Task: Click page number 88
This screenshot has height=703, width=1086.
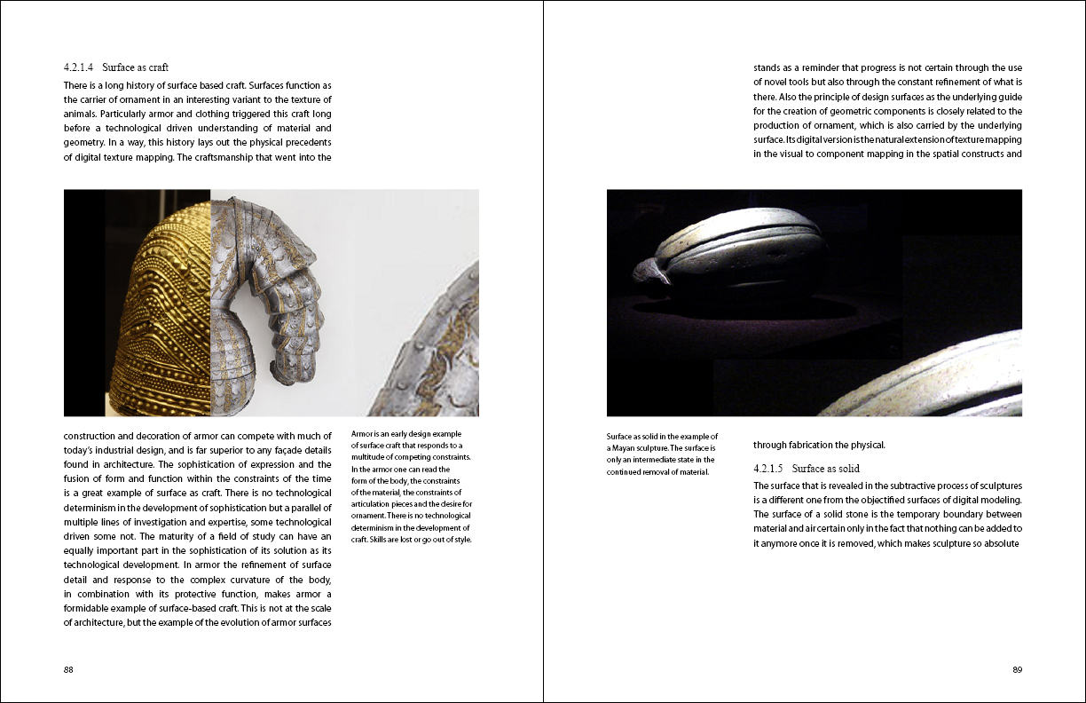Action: [x=68, y=669]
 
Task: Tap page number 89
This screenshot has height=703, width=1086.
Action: [x=1017, y=669]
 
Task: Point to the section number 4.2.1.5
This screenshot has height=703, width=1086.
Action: [x=768, y=468]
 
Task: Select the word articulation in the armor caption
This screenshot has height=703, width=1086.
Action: [x=374, y=504]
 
